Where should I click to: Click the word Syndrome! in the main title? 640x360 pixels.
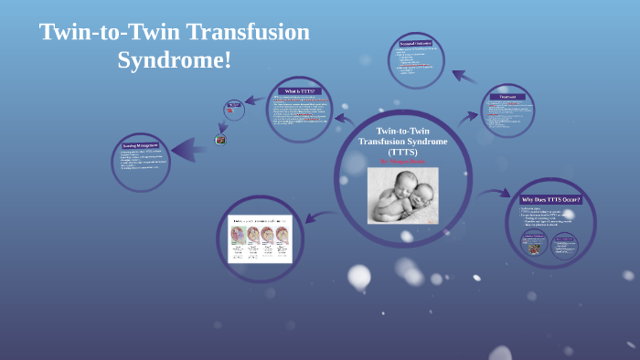point(175,61)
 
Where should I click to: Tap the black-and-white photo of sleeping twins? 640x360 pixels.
point(402,195)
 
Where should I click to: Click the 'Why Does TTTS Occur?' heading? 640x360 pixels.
point(550,199)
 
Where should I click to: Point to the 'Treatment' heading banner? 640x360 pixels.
point(507,97)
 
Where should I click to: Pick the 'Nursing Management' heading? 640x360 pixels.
point(142,146)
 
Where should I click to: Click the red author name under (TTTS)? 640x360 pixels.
point(402,161)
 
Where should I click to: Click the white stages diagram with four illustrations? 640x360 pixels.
point(260,238)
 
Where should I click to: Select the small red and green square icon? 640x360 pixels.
point(219,140)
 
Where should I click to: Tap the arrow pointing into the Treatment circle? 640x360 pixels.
point(468,116)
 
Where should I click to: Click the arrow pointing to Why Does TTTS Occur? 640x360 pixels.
point(495,193)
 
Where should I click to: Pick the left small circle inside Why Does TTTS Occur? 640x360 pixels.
point(534,244)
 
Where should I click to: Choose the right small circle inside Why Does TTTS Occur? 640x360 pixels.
point(565,244)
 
